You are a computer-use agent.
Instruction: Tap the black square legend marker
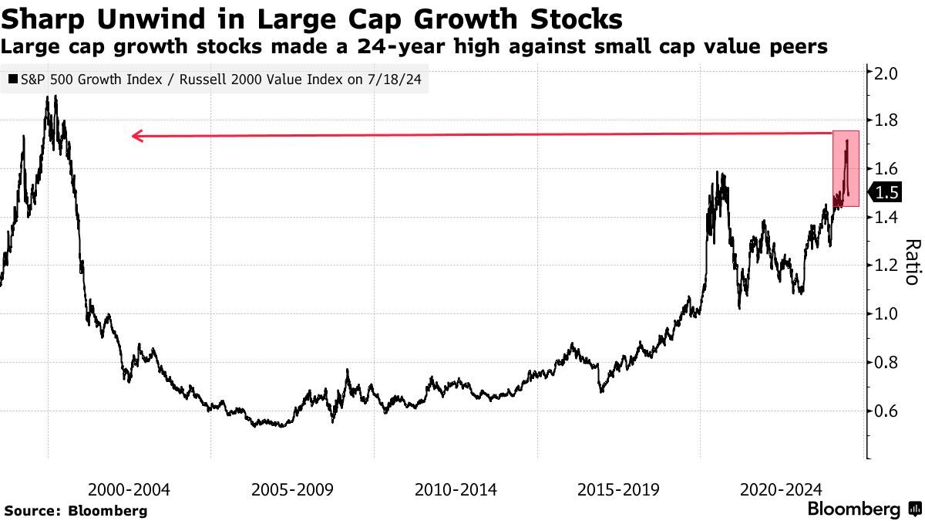pyautogui.click(x=12, y=79)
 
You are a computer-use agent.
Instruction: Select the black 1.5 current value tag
pyautogui.click(x=887, y=193)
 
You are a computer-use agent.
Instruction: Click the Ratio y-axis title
pyautogui.click(x=912, y=262)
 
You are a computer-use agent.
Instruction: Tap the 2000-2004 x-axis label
pyautogui.click(x=129, y=489)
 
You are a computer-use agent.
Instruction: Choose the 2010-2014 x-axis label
pyautogui.click(x=456, y=489)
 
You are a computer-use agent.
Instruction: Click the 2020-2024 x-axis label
pyautogui.click(x=781, y=489)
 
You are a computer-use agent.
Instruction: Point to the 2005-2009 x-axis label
pyautogui.click(x=292, y=489)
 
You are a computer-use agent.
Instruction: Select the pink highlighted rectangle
pyautogui.click(x=846, y=168)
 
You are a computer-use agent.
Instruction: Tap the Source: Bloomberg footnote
pyautogui.click(x=76, y=510)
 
